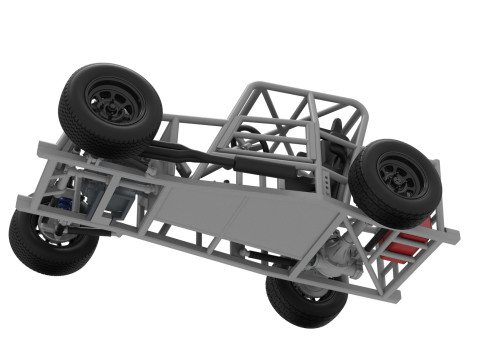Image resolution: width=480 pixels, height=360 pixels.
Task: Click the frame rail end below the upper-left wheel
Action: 44,150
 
